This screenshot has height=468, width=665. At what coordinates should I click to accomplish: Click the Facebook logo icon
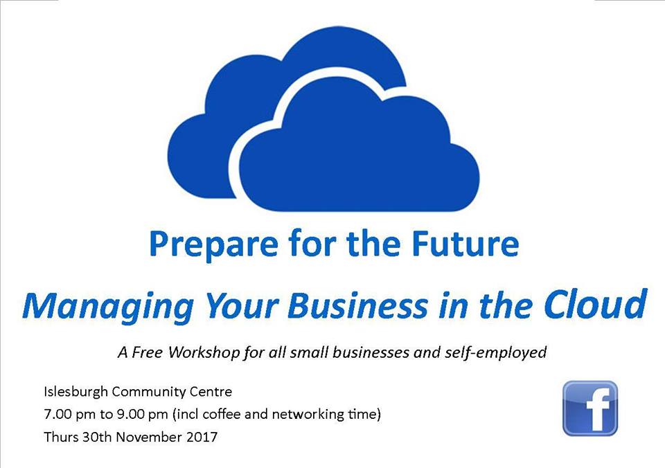(x=590, y=408)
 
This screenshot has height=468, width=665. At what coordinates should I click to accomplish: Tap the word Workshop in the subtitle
(x=204, y=352)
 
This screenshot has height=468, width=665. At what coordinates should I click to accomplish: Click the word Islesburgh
(x=76, y=392)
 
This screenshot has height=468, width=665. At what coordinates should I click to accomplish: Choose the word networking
(x=308, y=414)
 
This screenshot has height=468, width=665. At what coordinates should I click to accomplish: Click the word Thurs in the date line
(x=61, y=437)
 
